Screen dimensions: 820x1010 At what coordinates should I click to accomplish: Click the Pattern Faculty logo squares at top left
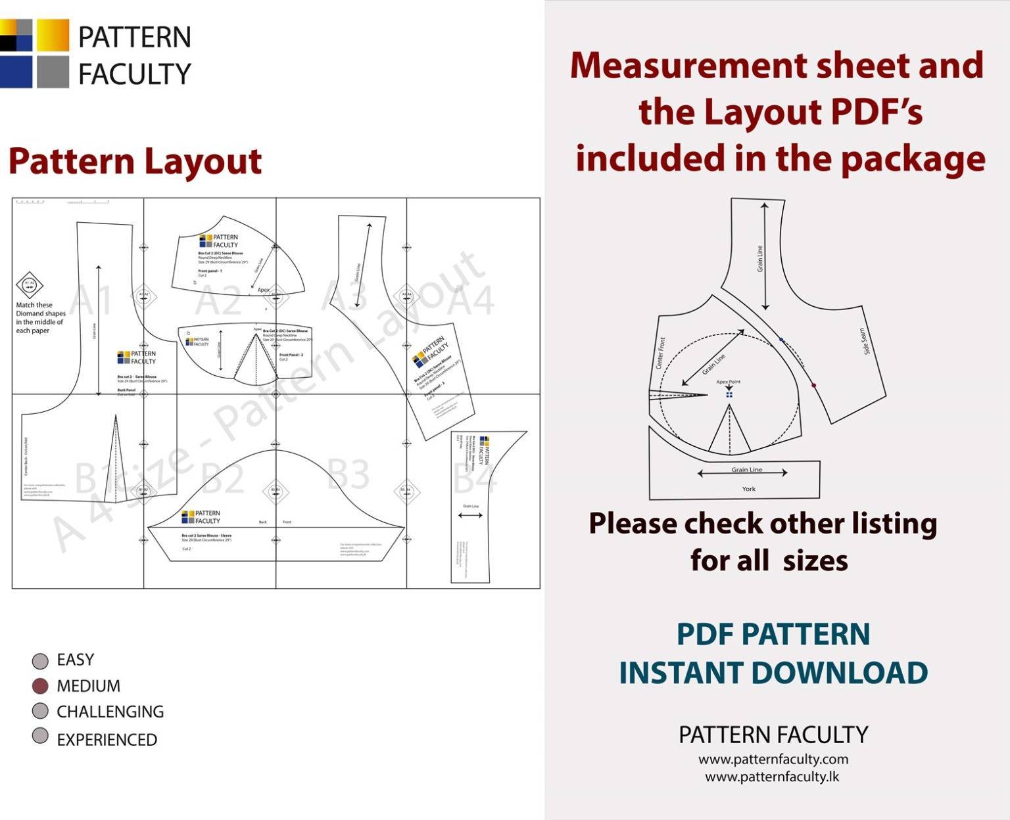pyautogui.click(x=34, y=53)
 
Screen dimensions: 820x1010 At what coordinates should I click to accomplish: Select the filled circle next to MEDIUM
pyautogui.click(x=40, y=686)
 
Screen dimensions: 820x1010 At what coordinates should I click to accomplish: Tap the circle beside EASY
pyautogui.click(x=40, y=660)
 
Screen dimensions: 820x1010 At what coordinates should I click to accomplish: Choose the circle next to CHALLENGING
pyautogui.click(x=40, y=711)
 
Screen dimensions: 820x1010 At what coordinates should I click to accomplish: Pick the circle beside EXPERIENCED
pyautogui.click(x=40, y=736)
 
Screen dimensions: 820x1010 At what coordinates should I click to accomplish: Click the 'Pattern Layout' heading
pyautogui.click(x=135, y=162)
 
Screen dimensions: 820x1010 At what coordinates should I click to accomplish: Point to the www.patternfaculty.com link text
pyautogui.click(x=773, y=759)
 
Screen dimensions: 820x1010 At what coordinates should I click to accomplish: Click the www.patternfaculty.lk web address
pyautogui.click(x=772, y=777)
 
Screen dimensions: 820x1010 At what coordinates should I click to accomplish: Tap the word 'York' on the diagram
pyautogui.click(x=748, y=489)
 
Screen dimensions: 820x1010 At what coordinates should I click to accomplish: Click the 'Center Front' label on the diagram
pyautogui.click(x=660, y=353)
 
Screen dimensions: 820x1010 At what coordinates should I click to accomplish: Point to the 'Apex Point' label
pyautogui.click(x=728, y=382)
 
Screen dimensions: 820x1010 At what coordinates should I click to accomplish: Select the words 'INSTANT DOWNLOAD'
pyautogui.click(x=773, y=673)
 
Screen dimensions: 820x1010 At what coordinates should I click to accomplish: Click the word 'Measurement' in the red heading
pyautogui.click(x=688, y=66)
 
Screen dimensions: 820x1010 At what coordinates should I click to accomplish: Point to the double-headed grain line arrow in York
pyautogui.click(x=742, y=473)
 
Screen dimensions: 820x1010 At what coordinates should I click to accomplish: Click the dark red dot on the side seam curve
pyautogui.click(x=814, y=386)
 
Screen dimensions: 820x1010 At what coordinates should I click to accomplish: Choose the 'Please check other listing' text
pyautogui.click(x=763, y=524)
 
